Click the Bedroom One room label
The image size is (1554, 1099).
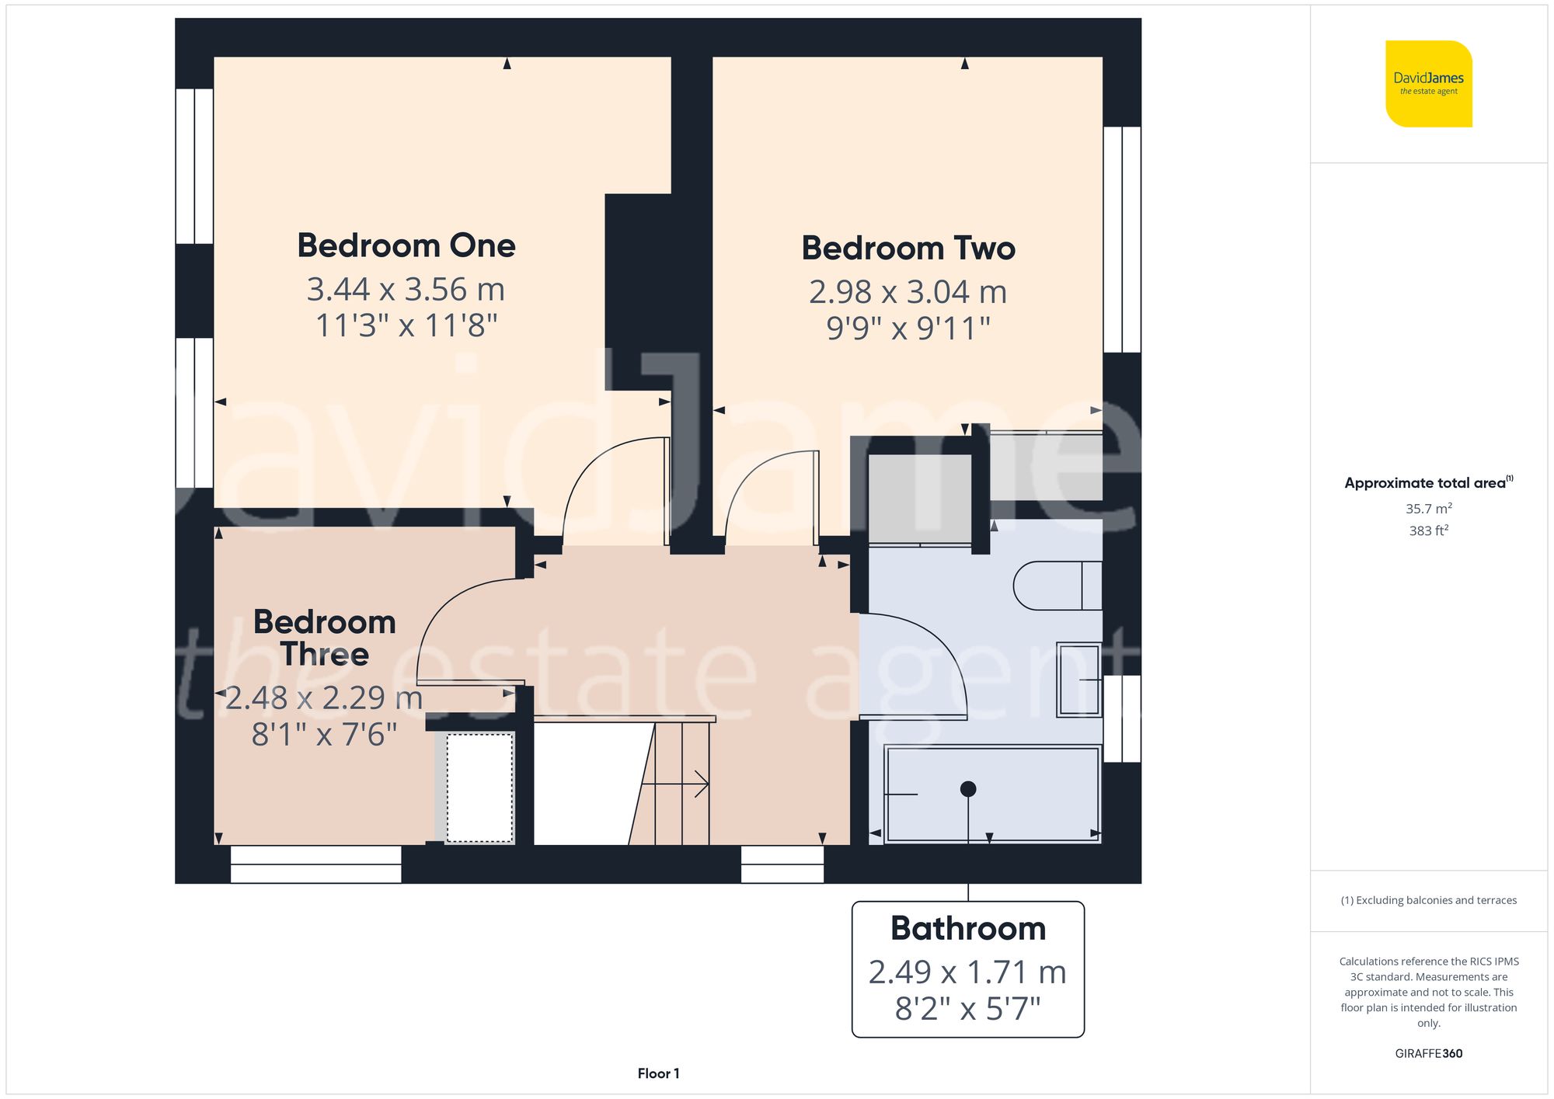point(406,246)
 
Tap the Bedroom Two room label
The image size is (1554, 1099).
point(908,249)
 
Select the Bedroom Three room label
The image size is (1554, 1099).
point(325,638)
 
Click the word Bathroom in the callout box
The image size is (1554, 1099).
point(967,928)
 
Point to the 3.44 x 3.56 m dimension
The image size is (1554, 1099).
point(406,290)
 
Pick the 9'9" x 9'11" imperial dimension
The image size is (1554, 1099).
point(908,329)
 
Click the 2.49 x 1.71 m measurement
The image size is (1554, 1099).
point(967,972)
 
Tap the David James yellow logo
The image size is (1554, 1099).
point(1428,84)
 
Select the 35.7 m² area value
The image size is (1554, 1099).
point(1428,509)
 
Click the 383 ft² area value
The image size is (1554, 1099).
point(1428,530)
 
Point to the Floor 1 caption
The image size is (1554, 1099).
point(658,1073)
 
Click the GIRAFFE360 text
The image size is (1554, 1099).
point(1428,1053)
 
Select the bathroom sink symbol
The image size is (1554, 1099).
point(1078,680)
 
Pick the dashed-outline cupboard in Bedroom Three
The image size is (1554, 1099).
point(479,787)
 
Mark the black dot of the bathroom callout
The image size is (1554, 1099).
point(968,789)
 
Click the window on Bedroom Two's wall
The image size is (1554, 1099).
point(1122,239)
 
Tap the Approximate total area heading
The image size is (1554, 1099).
point(1428,482)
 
